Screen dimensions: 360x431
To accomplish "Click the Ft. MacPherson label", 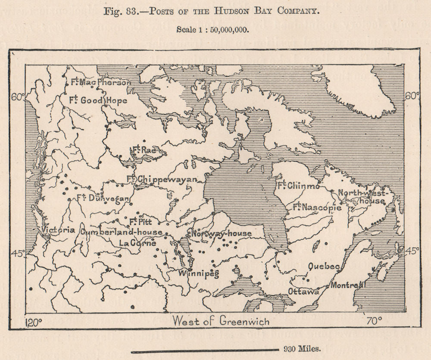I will tap(97, 82).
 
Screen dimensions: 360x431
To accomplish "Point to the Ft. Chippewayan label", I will tap(161, 179).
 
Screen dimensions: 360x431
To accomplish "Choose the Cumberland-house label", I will tap(121, 232).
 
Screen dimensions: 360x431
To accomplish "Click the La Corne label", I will tap(137, 243).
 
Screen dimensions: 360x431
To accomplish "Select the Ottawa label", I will tap(303, 291).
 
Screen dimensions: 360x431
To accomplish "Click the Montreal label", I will tap(348, 285).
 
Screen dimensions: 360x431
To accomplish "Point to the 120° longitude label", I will tap(34, 322).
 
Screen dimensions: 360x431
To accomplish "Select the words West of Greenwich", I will tap(221, 321).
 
